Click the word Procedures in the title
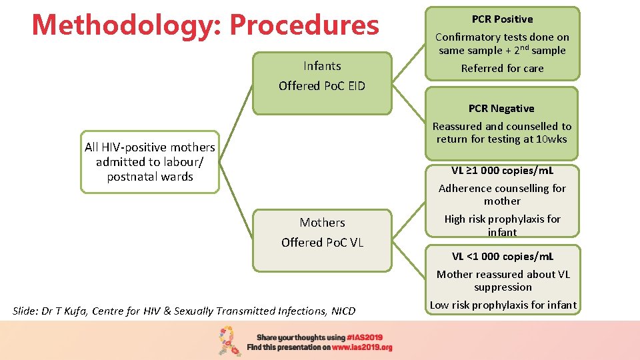304,25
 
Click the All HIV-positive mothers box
150,162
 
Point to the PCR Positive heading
502,19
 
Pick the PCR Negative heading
501,109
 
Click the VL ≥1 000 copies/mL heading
502,170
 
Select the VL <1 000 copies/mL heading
503,256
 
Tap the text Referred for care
502,68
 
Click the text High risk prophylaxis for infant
502,225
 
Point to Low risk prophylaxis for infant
503,305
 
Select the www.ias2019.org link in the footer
363,347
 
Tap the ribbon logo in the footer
230,341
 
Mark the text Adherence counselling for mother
502,195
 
